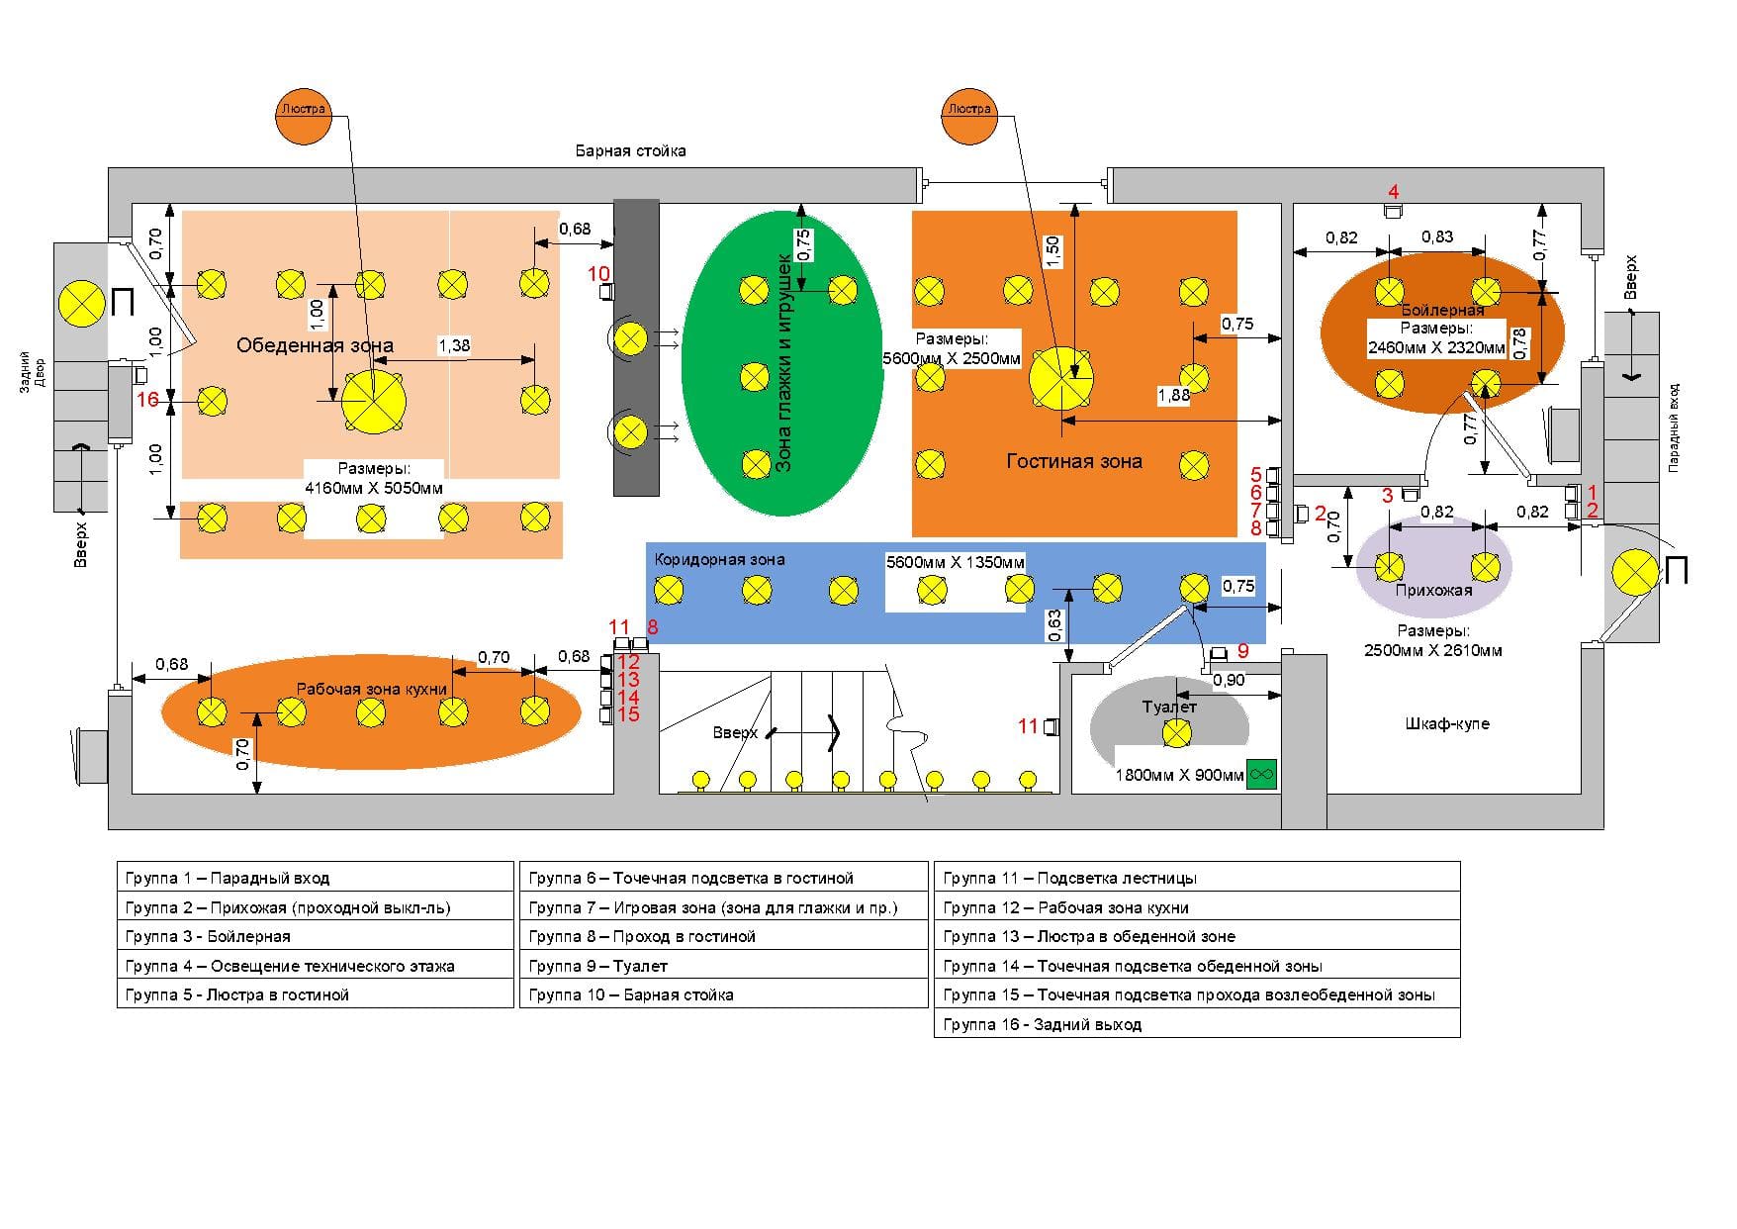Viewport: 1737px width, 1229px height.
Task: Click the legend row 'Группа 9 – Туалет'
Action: pos(597,966)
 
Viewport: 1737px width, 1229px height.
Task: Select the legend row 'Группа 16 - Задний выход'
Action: pos(1042,1024)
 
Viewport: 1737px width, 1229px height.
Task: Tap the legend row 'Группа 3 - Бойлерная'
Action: pos(208,936)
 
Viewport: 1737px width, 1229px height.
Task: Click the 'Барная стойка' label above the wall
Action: pos(630,151)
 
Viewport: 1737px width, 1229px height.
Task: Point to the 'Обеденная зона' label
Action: pos(315,345)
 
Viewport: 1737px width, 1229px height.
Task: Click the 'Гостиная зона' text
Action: pos(1073,461)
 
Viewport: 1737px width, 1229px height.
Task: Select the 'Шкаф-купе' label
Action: pos(1446,723)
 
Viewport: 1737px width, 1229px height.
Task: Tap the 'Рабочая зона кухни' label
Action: pos(372,689)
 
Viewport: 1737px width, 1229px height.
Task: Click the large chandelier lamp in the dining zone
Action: pos(373,401)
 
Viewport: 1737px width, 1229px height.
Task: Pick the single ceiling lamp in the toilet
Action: pos(1176,733)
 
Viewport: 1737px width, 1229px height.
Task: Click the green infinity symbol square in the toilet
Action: pos(1261,774)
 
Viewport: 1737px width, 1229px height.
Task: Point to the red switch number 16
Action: pos(147,400)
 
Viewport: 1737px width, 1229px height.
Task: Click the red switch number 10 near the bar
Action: pos(598,273)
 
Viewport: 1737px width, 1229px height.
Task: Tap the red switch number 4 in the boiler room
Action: pos(1393,191)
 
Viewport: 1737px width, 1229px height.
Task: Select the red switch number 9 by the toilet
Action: pos(1243,651)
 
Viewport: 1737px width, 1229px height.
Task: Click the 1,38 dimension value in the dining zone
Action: pos(454,345)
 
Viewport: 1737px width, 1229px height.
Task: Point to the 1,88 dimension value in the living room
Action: pos(1173,396)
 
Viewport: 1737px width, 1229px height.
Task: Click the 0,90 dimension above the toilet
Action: pos(1229,681)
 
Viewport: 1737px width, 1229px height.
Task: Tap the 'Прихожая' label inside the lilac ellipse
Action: pos(1433,591)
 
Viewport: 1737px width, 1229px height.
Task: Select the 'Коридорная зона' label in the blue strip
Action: pos(719,559)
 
